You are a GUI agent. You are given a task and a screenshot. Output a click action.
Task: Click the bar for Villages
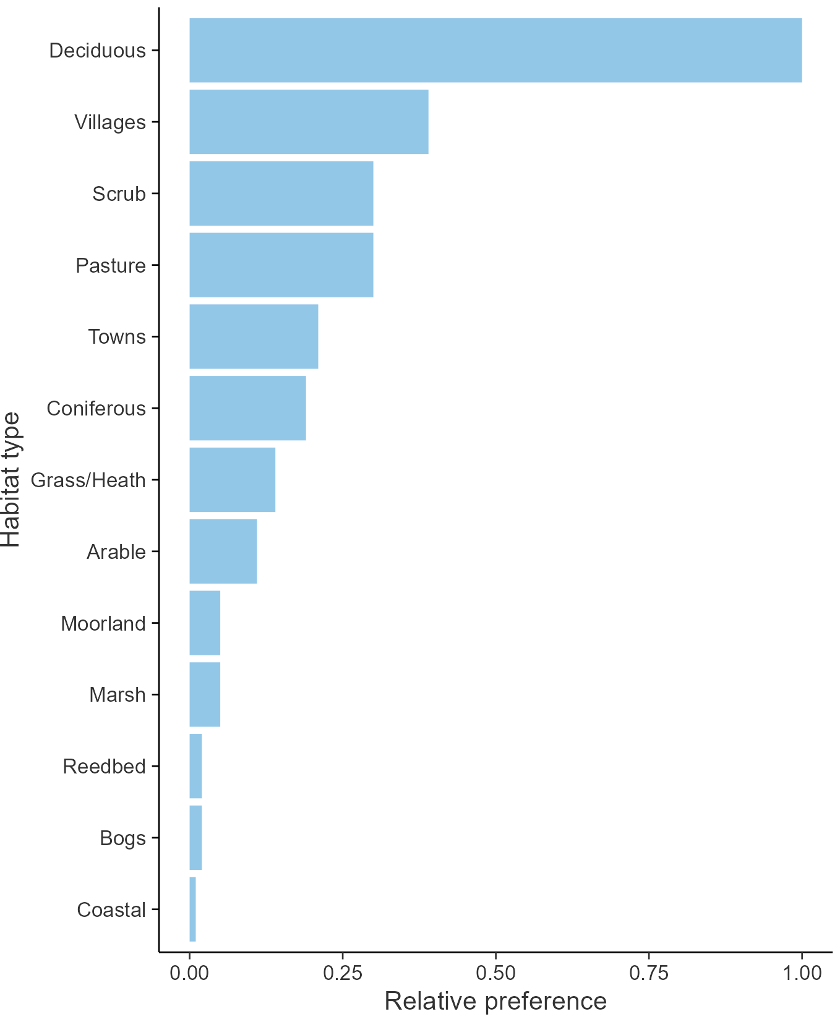[309, 122]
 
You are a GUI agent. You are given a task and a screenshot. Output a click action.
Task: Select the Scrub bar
[281, 194]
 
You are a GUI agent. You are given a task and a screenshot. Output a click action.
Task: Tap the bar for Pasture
[281, 265]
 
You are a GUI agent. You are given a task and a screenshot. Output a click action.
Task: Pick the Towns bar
[254, 336]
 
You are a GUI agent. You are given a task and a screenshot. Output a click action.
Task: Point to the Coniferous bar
[247, 408]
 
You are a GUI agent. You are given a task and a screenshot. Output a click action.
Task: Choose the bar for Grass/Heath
[233, 480]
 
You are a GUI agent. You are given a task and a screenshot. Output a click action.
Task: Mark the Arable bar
[223, 551]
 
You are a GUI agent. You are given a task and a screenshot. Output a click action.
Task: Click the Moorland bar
[205, 623]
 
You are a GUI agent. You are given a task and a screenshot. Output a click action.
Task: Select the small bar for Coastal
[193, 909]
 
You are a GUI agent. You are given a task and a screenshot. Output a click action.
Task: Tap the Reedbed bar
[195, 766]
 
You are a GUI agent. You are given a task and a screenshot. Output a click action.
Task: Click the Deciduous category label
[98, 51]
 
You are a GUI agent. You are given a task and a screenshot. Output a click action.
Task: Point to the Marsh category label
[118, 695]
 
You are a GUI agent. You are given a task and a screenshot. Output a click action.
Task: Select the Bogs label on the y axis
[122, 838]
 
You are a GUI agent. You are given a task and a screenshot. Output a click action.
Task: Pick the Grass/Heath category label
[88, 480]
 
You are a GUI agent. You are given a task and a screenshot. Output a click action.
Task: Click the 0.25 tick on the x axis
[342, 973]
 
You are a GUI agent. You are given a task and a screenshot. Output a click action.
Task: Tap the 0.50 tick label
[495, 973]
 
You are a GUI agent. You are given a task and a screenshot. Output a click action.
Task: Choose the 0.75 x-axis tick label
[649, 973]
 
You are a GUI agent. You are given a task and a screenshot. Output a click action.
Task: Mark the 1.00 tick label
[802, 973]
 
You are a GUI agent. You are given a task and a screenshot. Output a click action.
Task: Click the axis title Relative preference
[495, 1001]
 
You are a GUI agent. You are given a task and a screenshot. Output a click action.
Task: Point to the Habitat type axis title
[11, 480]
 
